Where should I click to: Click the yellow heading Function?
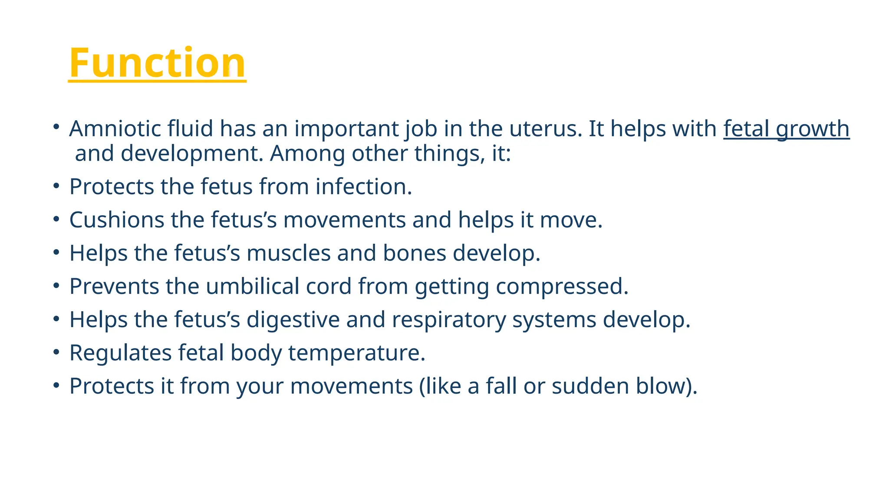(x=157, y=63)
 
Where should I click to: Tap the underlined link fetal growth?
(x=786, y=129)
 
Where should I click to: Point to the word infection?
(x=363, y=187)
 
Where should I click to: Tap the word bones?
(x=414, y=253)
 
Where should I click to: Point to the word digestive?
(x=293, y=320)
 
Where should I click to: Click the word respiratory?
(x=449, y=320)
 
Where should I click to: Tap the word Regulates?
(x=120, y=353)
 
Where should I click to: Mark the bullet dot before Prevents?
(x=56, y=286)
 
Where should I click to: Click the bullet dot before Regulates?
(x=56, y=352)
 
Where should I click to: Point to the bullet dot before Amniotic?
(x=56, y=127)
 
